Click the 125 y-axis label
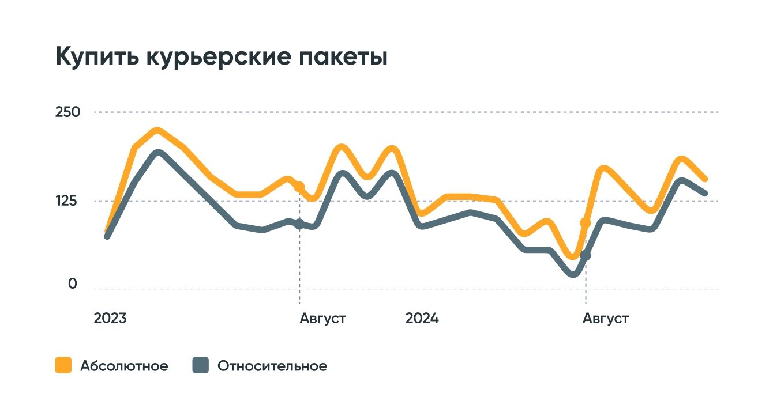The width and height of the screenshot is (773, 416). [x=66, y=201]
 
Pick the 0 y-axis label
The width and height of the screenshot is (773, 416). [x=73, y=284]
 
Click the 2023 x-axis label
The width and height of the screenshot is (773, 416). [x=110, y=319]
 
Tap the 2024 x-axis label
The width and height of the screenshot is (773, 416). [x=422, y=319]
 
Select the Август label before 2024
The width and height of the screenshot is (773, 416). [x=322, y=319]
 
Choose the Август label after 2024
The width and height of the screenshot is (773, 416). [x=606, y=319]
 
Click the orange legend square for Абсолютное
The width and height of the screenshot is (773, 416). [x=63, y=365]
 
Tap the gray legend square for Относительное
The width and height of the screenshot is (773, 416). [x=200, y=365]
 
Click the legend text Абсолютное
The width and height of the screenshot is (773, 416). [x=124, y=366]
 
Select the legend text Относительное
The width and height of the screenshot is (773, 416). [x=272, y=366]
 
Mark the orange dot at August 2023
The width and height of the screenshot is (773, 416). [x=299, y=187]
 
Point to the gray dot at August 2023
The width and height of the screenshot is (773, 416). [x=299, y=224]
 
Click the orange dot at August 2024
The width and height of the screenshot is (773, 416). [x=586, y=222]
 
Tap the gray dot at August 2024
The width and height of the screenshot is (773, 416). [x=586, y=255]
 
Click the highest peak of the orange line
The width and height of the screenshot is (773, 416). [x=156, y=131]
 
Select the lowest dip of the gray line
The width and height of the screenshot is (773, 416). [x=573, y=274]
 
